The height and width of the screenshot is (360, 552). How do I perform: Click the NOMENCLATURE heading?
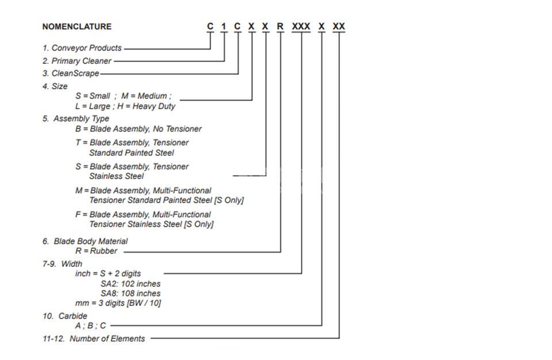click(76, 27)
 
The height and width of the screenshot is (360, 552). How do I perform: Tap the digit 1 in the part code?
click(224, 26)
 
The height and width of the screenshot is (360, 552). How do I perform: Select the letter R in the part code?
click(280, 26)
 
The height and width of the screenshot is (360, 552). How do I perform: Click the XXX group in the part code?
click(301, 26)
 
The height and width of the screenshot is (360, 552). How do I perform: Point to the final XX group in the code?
click(339, 26)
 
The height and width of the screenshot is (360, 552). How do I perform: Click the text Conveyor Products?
click(87, 48)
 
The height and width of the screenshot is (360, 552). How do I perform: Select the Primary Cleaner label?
click(81, 61)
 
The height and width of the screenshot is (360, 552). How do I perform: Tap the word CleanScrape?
click(75, 74)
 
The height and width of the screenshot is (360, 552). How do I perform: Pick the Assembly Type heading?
click(81, 118)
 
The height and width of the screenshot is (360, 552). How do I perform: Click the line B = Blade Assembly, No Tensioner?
click(139, 129)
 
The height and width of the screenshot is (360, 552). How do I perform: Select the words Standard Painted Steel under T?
click(132, 153)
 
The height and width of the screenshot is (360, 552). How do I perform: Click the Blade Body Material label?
click(90, 242)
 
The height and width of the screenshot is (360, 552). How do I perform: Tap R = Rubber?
click(97, 251)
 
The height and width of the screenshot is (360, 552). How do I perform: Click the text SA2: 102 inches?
click(131, 284)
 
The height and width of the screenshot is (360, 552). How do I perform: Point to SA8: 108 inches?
click(131, 293)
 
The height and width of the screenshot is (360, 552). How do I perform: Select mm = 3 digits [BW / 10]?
click(118, 303)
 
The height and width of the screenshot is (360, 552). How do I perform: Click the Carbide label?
click(73, 316)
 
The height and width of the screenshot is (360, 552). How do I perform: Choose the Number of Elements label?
click(108, 339)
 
